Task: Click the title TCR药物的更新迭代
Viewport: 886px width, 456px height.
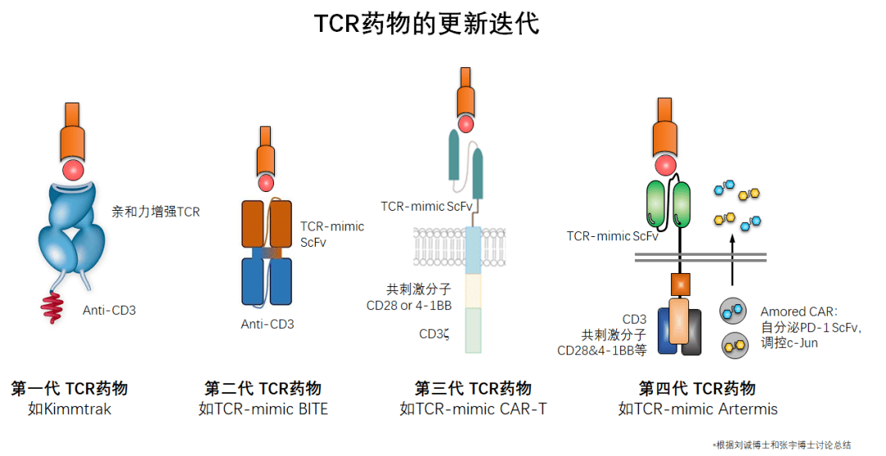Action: click(x=427, y=23)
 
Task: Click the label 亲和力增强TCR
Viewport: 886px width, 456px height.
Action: click(x=156, y=212)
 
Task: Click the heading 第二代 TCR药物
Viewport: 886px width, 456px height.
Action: click(x=263, y=389)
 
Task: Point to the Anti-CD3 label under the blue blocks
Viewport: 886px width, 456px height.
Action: click(x=267, y=324)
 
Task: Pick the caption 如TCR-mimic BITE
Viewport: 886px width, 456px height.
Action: click(x=263, y=408)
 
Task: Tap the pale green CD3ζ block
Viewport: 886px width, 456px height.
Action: click(x=473, y=330)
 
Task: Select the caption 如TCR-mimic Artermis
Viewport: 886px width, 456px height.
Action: click(x=697, y=408)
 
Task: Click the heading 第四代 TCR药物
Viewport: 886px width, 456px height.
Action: click(x=697, y=389)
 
